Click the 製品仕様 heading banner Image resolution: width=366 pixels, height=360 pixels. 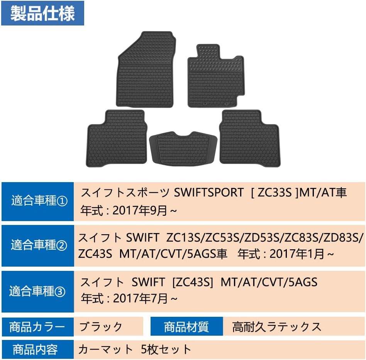42,13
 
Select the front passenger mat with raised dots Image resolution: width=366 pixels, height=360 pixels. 216,77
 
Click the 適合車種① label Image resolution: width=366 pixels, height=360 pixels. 38,201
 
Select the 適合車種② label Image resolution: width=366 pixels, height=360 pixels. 38,245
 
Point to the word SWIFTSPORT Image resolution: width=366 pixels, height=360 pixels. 209,193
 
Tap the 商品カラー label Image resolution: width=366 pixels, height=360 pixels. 38,327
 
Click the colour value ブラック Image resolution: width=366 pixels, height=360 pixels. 101,327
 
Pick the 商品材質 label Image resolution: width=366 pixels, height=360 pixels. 186,327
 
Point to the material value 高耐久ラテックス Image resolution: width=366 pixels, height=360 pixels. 276,327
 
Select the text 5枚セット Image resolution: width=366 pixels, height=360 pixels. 166,350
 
